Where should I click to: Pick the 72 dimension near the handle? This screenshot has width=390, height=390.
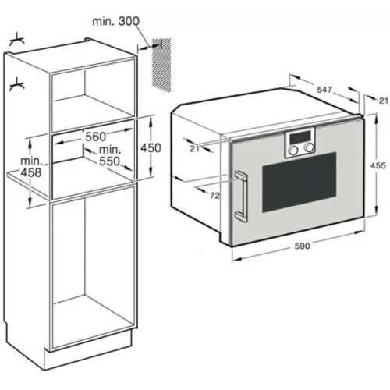pos(212,195)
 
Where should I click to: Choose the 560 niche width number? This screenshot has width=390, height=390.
pos(95,136)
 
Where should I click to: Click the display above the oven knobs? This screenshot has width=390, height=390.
pos(300,136)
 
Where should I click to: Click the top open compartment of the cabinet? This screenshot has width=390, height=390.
pos(92,94)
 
